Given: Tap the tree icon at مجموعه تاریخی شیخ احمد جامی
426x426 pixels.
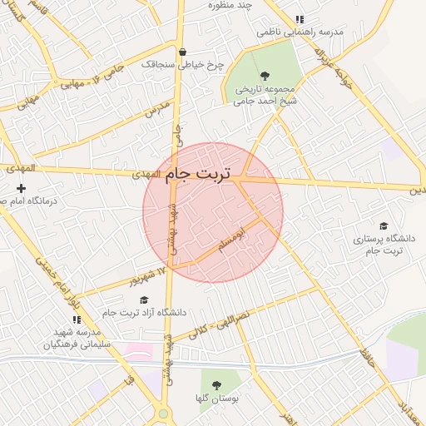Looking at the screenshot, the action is click(x=265, y=75).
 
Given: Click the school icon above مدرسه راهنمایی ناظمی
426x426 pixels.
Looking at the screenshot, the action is click(x=300, y=20).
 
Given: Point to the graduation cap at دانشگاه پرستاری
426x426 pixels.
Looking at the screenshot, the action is click(x=384, y=225).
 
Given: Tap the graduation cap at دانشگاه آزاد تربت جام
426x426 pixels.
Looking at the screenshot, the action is click(x=144, y=300).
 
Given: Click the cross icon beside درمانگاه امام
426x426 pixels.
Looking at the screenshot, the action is click(x=21, y=188).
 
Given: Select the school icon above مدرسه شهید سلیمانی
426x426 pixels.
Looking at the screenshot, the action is click(x=77, y=319).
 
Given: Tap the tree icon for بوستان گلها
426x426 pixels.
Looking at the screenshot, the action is click(x=216, y=385).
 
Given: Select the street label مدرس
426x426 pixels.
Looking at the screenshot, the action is click(x=156, y=107).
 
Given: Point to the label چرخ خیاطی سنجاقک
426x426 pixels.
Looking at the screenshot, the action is click(x=171, y=63).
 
